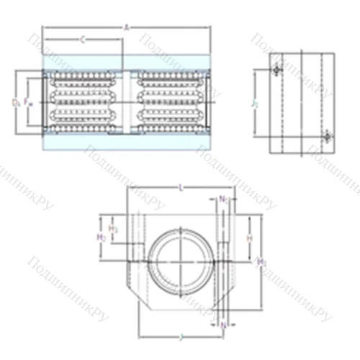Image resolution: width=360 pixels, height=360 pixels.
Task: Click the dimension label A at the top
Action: pos(127,27)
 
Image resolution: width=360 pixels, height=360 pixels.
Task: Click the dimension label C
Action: pos(82,40)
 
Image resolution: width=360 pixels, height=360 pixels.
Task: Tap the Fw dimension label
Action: pos(29,102)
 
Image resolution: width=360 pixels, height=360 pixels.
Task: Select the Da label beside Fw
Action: pos(16,102)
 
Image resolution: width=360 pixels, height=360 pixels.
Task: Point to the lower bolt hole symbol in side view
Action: pos(327,135)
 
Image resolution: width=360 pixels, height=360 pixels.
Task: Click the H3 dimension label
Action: pos(113,229)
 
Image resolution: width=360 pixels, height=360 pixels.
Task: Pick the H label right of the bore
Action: pos(249,236)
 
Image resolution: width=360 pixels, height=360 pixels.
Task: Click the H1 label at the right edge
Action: pos(262,261)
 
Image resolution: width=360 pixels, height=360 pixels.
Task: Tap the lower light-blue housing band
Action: pos(127,143)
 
